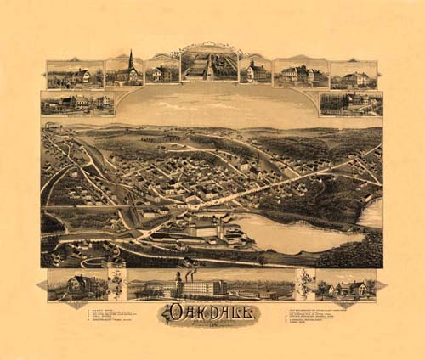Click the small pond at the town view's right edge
point(371,213)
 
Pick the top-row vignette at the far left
point(75,74)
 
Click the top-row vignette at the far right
point(354,75)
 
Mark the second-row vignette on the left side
point(76,104)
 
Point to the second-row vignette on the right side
point(350,103)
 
